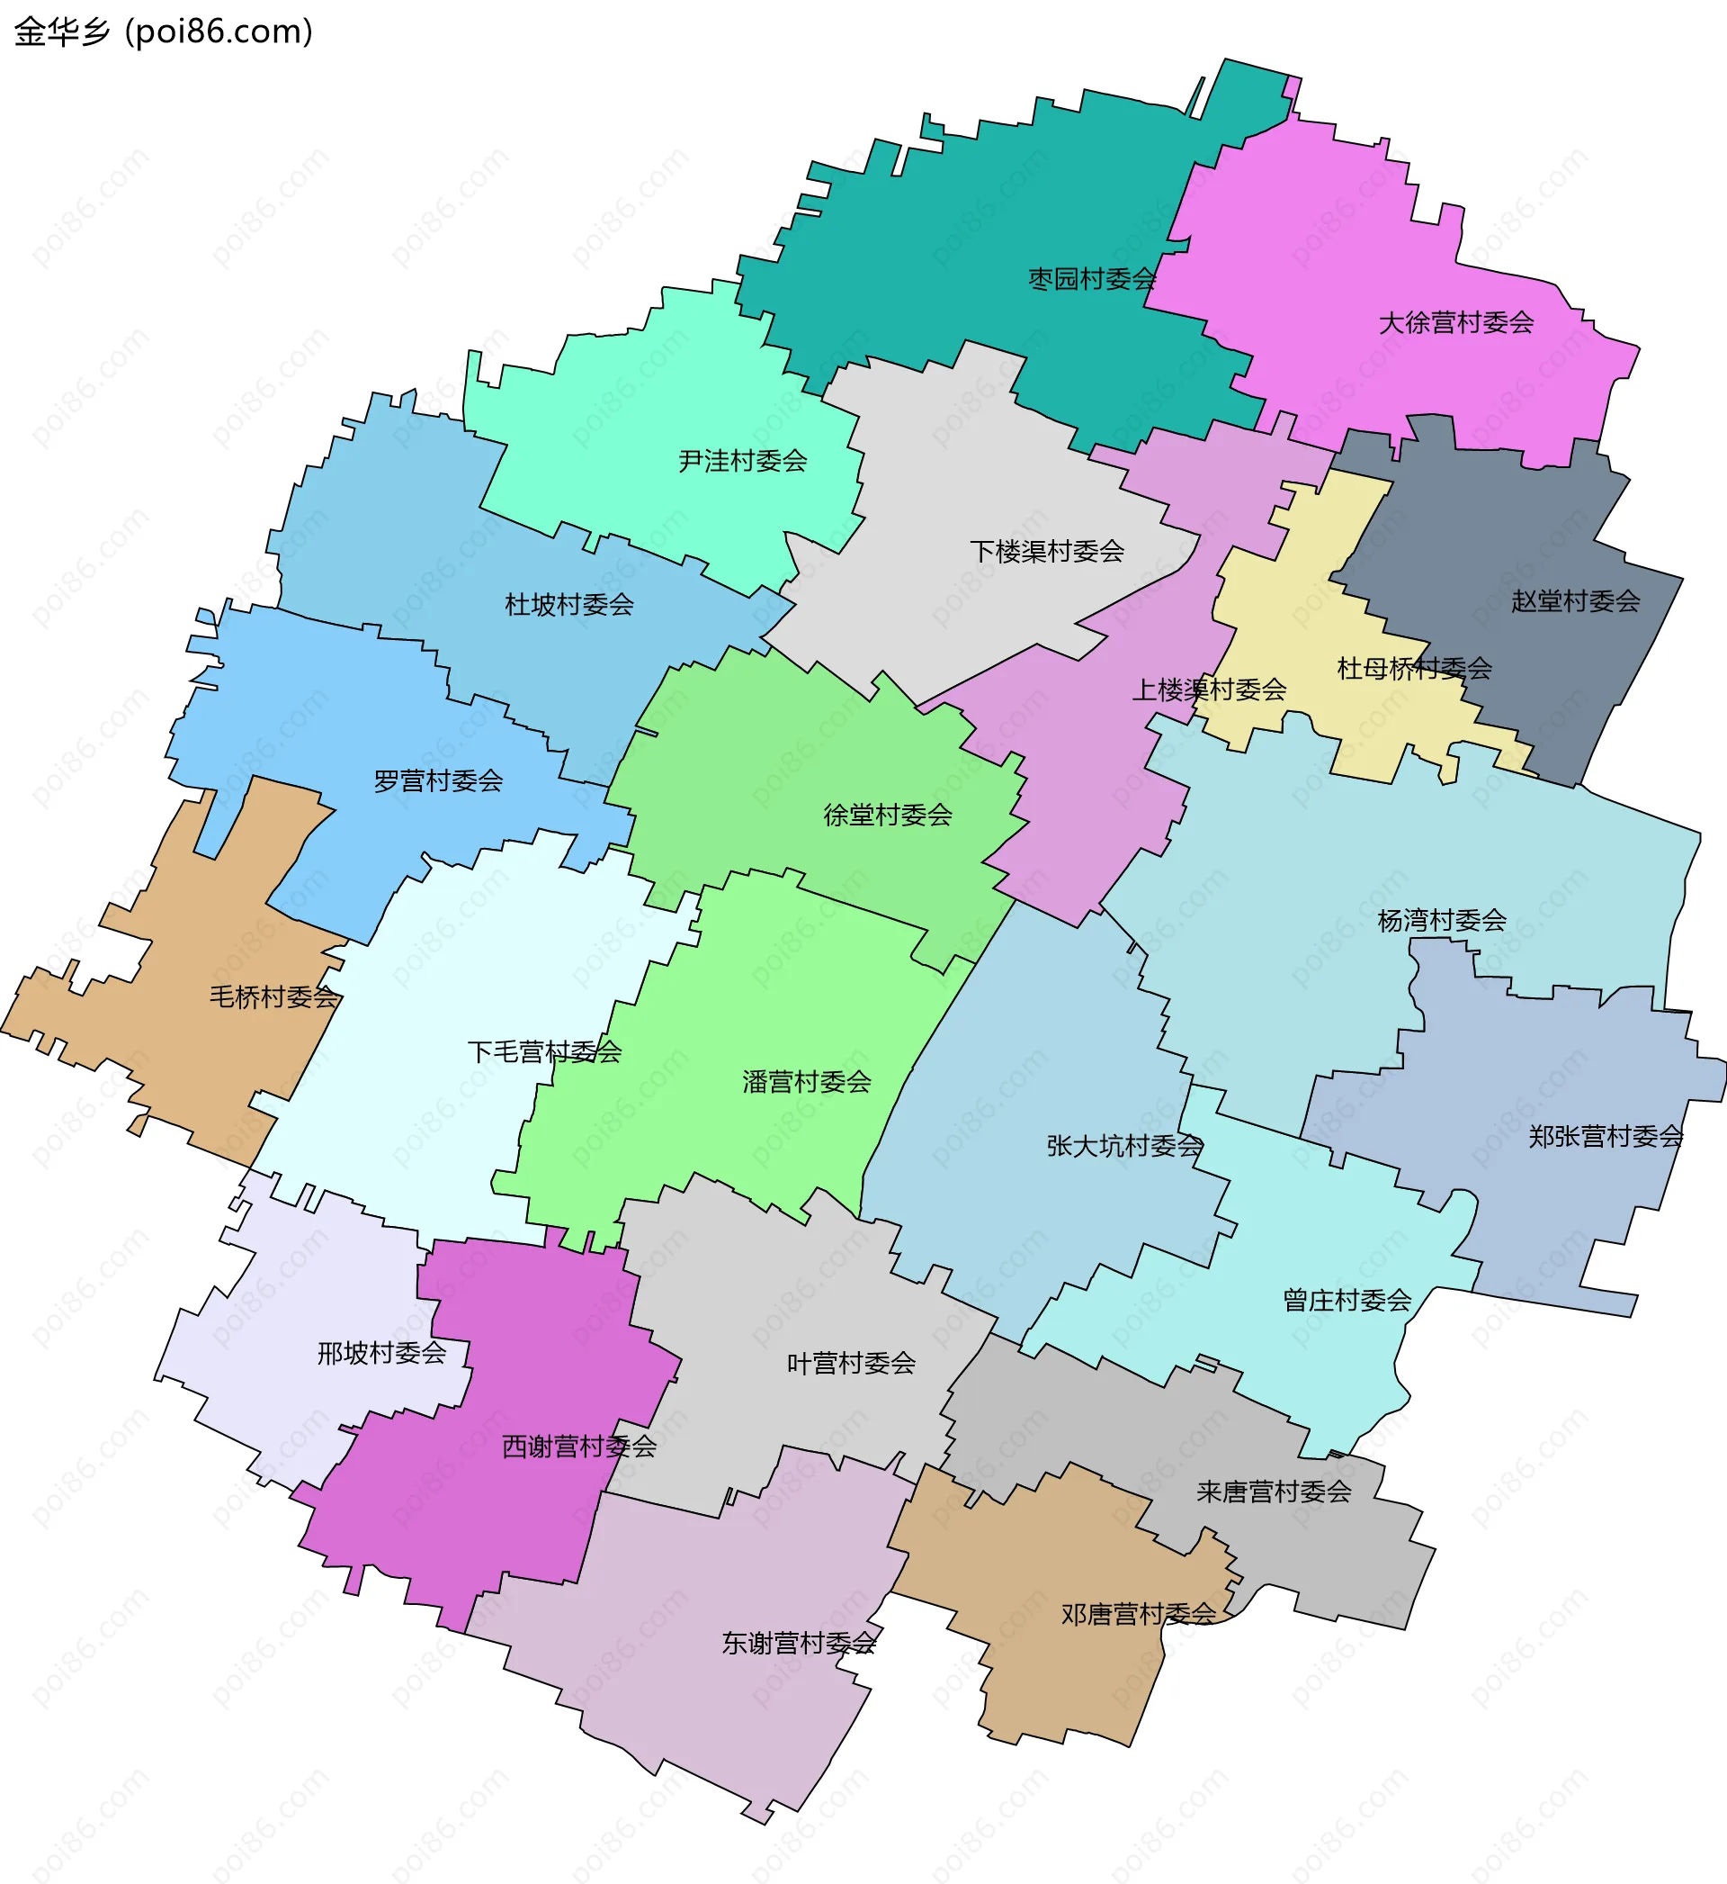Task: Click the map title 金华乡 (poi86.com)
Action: (x=164, y=32)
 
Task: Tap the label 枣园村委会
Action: (x=1092, y=279)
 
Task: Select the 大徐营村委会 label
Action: (x=1456, y=322)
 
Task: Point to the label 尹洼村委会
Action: (x=742, y=460)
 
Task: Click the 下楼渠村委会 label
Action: (x=1047, y=551)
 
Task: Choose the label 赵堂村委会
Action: (x=1576, y=600)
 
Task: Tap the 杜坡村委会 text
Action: (x=569, y=604)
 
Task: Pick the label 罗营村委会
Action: (x=438, y=780)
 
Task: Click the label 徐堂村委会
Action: (x=888, y=815)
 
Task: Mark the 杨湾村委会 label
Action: (x=1442, y=920)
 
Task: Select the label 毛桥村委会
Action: (x=273, y=996)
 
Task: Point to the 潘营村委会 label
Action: (x=807, y=1082)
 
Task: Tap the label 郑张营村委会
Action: (x=1606, y=1136)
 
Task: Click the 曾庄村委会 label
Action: (x=1347, y=1300)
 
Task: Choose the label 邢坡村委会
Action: (x=381, y=1352)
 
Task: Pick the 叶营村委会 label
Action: (x=850, y=1362)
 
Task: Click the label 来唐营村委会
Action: (x=1274, y=1492)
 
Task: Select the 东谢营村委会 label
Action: (x=799, y=1643)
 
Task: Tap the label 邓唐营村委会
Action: (x=1138, y=1614)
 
